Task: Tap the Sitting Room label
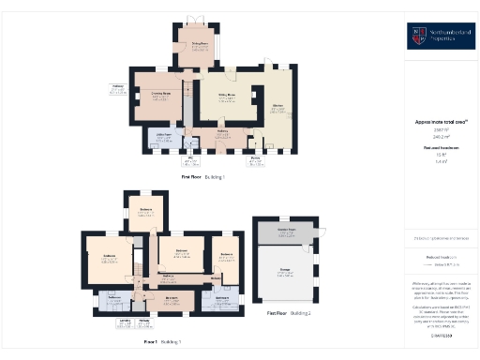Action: pyautogui.click(x=226, y=95)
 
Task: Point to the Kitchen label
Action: pyautogui.click(x=277, y=110)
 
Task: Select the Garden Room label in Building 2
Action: pyautogui.click(x=287, y=230)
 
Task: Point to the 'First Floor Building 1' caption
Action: pyautogui.click(x=209, y=175)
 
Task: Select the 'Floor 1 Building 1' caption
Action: pyautogui.click(x=161, y=341)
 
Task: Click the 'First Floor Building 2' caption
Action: pyautogui.click(x=289, y=312)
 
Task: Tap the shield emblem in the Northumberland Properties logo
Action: pyautogui.click(x=416, y=37)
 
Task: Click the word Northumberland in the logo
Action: pyautogui.click(x=445, y=33)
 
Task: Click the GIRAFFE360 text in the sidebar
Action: pyautogui.click(x=441, y=333)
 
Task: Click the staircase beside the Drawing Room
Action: pyautogui.click(x=186, y=94)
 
